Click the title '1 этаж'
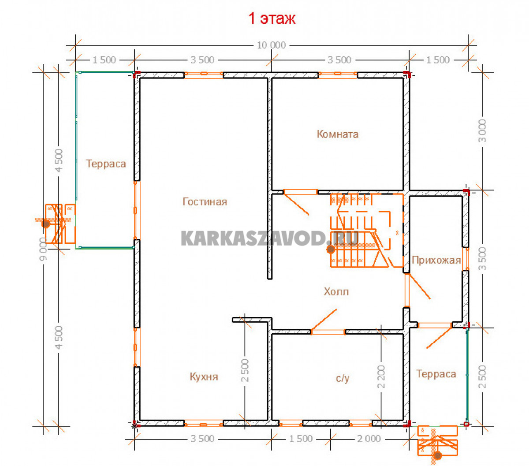[x=272, y=19]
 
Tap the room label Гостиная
[x=205, y=201]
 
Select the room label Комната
[x=337, y=134]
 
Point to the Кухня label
[x=204, y=377]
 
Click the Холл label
[x=336, y=291]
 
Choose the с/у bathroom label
[x=343, y=378]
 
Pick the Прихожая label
[x=436, y=260]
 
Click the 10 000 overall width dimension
[x=271, y=45]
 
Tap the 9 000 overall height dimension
[x=43, y=249]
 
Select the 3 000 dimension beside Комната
[x=482, y=130]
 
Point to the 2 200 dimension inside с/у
[x=381, y=377]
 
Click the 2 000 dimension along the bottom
[x=369, y=439]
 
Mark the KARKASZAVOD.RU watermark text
[x=269, y=238]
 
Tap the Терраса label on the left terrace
[x=106, y=164]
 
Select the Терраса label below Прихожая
[x=436, y=374]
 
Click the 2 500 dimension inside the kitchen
[x=245, y=370]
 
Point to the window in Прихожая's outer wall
[x=465, y=259]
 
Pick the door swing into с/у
[x=324, y=321]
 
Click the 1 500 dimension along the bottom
[x=301, y=439]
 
